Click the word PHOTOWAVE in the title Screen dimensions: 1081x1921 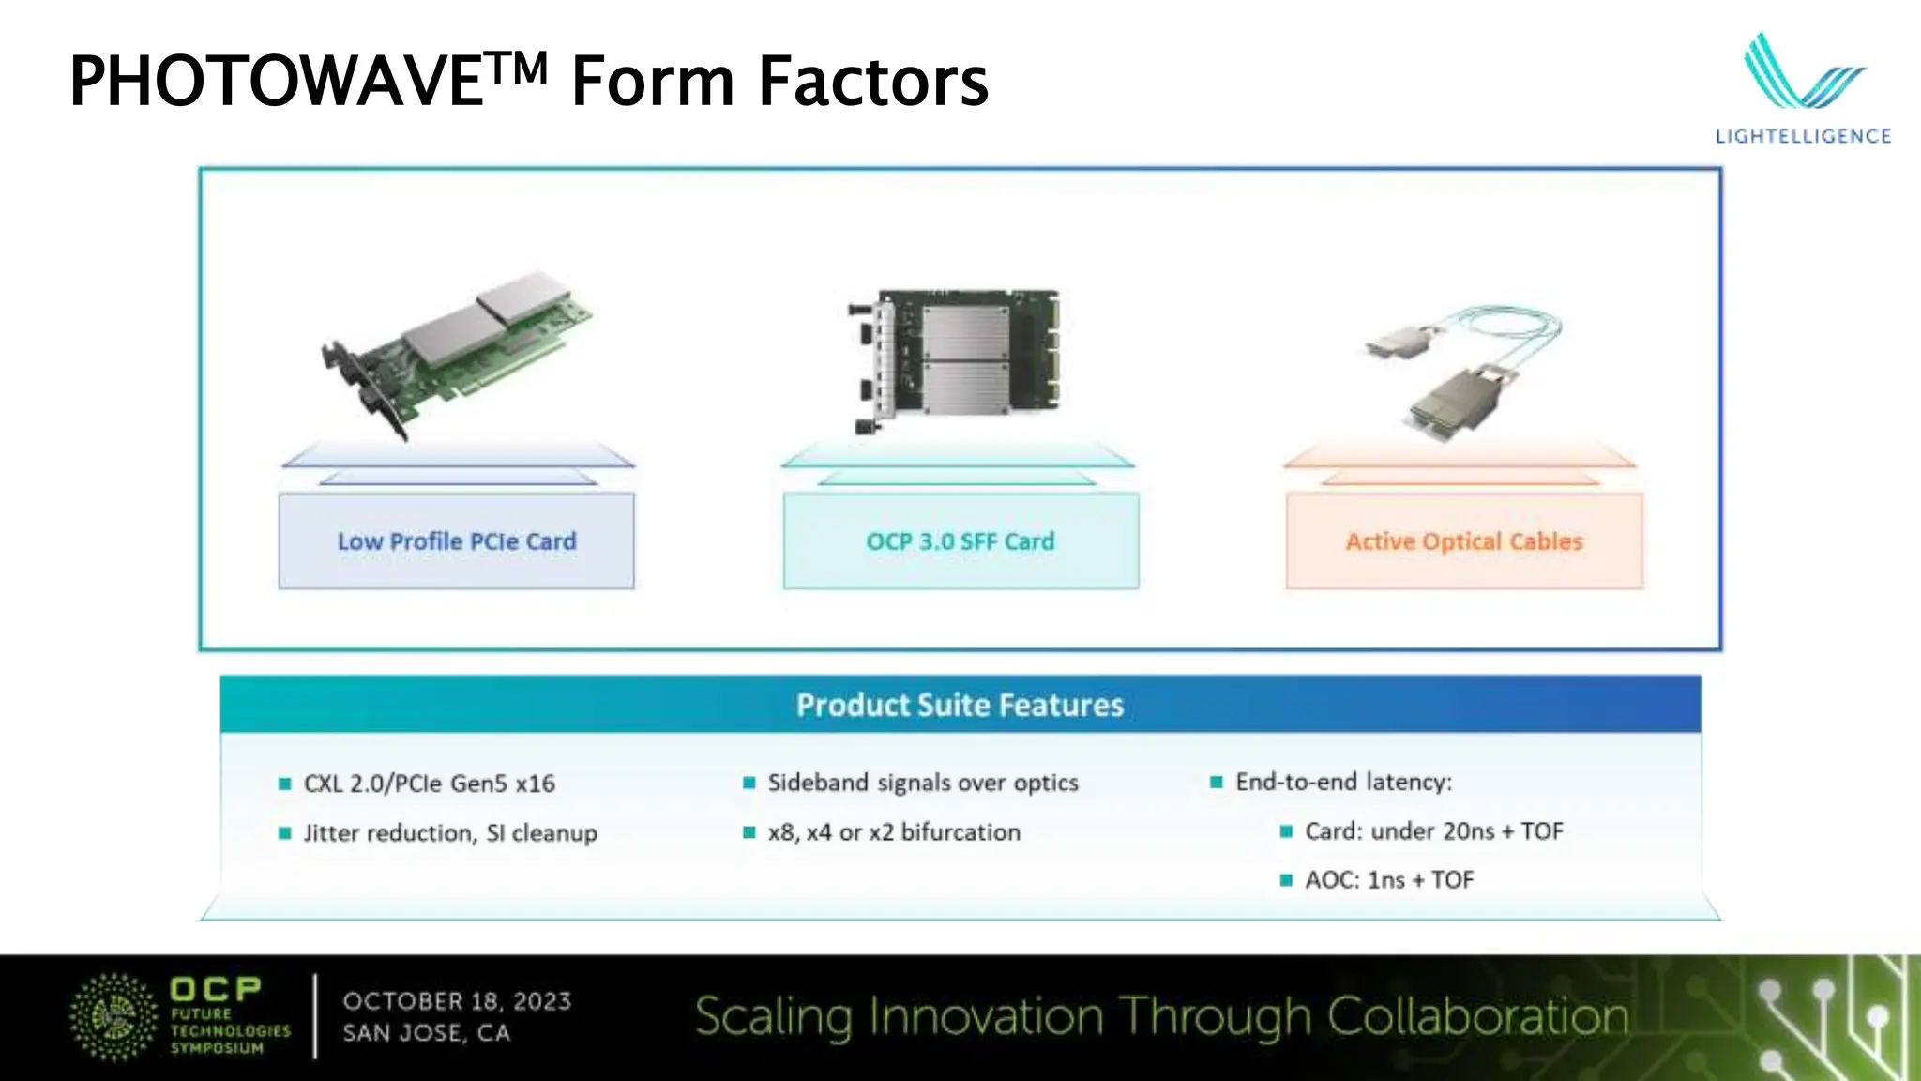pos(277,82)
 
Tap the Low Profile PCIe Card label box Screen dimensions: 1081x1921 pos(456,541)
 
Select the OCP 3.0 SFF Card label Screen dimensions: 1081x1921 pos(960,541)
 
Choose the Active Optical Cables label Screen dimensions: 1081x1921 pos(1463,541)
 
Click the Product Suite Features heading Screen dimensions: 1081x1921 pos(960,705)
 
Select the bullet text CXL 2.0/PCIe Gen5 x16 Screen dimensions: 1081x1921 pos(429,784)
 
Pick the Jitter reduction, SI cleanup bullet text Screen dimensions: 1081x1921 pos(449,833)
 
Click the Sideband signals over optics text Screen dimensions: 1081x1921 pos(922,783)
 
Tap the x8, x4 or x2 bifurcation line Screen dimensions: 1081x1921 pos(893,832)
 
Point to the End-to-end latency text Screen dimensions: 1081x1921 pos(1343,782)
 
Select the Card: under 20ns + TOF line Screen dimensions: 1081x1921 pos(1433,831)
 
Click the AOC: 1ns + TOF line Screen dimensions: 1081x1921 pos(1389,880)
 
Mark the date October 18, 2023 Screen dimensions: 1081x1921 pos(457,1001)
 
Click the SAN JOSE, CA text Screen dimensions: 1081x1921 pos(426,1033)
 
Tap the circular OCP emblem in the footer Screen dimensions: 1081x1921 pos(114,1017)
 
